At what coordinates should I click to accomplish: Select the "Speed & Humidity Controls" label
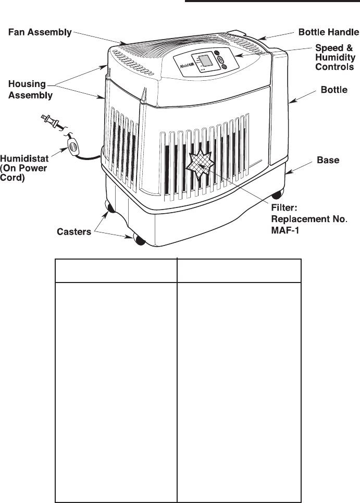(336, 57)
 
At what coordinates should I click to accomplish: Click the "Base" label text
(328, 161)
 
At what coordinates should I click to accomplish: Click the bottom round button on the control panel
(222, 67)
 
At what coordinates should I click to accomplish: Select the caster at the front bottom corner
(139, 240)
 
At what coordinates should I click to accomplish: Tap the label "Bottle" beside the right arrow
(333, 90)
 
